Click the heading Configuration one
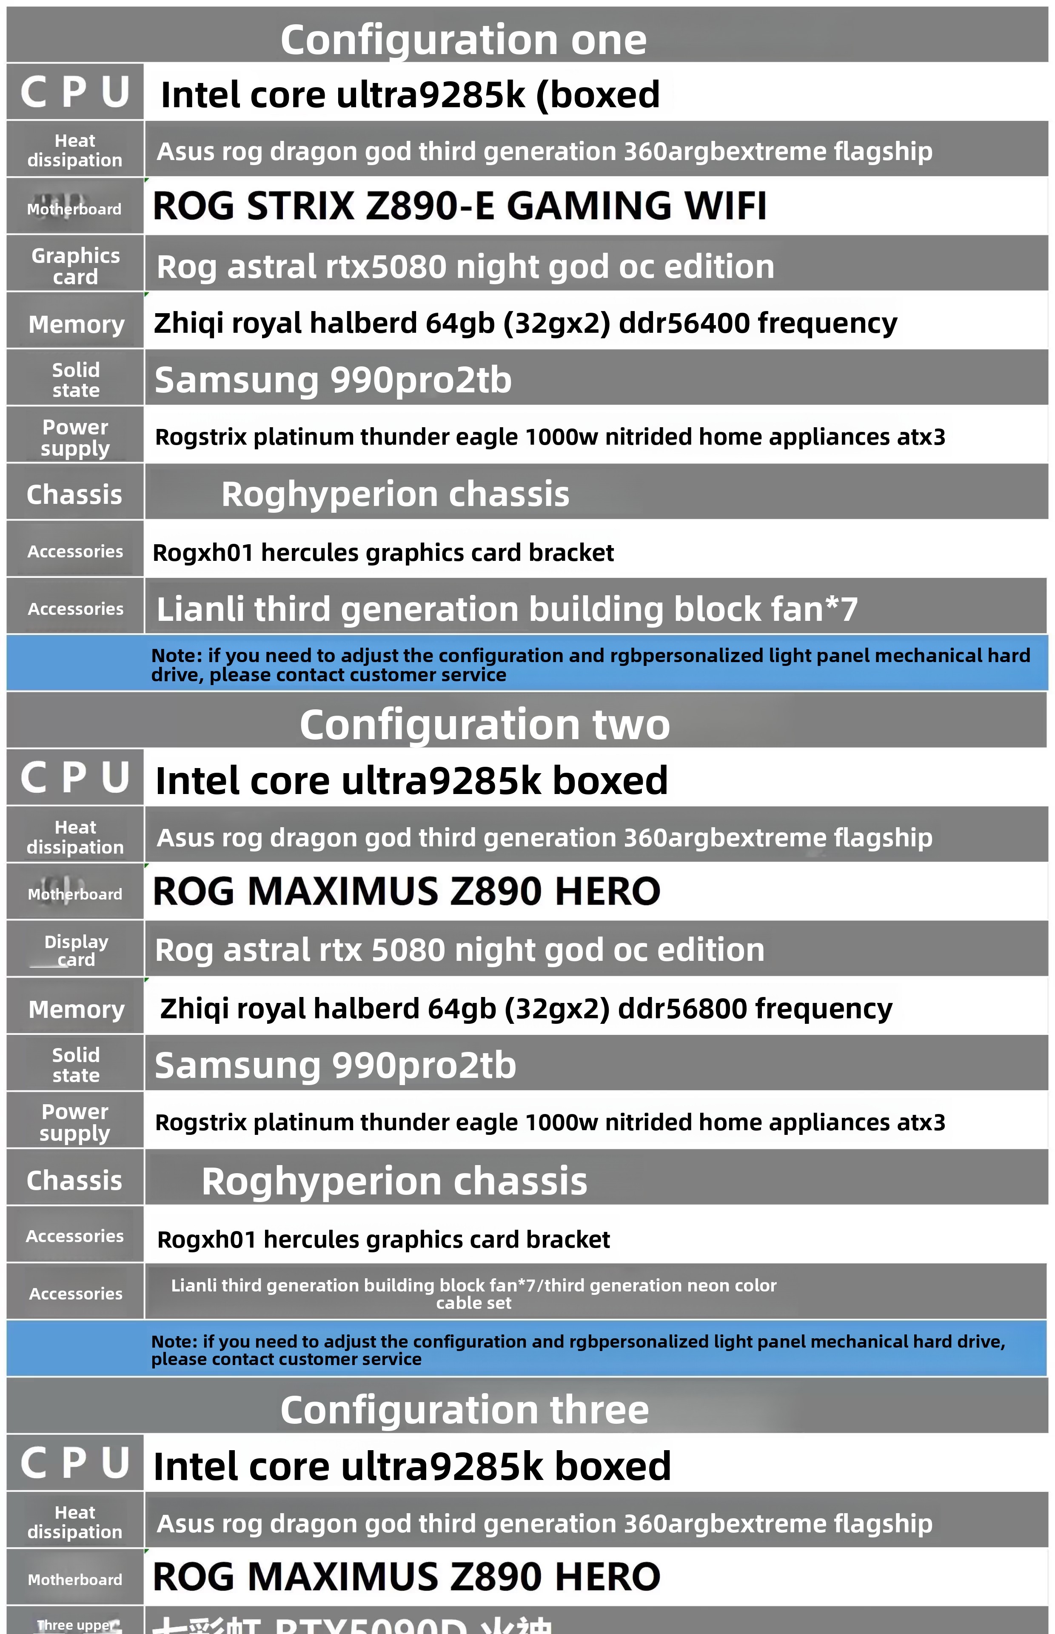(463, 40)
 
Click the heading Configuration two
(485, 724)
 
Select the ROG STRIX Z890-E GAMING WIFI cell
(459, 206)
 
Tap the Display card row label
(75, 950)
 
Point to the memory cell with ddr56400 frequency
(525, 323)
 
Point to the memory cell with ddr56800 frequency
(525, 1008)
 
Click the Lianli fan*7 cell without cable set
(507, 608)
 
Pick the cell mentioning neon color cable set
(473, 1294)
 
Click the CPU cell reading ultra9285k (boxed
(410, 94)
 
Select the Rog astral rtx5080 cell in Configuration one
(465, 266)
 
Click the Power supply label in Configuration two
(75, 1122)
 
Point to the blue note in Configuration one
(589, 665)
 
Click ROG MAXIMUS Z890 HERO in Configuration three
(406, 1577)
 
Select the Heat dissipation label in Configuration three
(75, 1522)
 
